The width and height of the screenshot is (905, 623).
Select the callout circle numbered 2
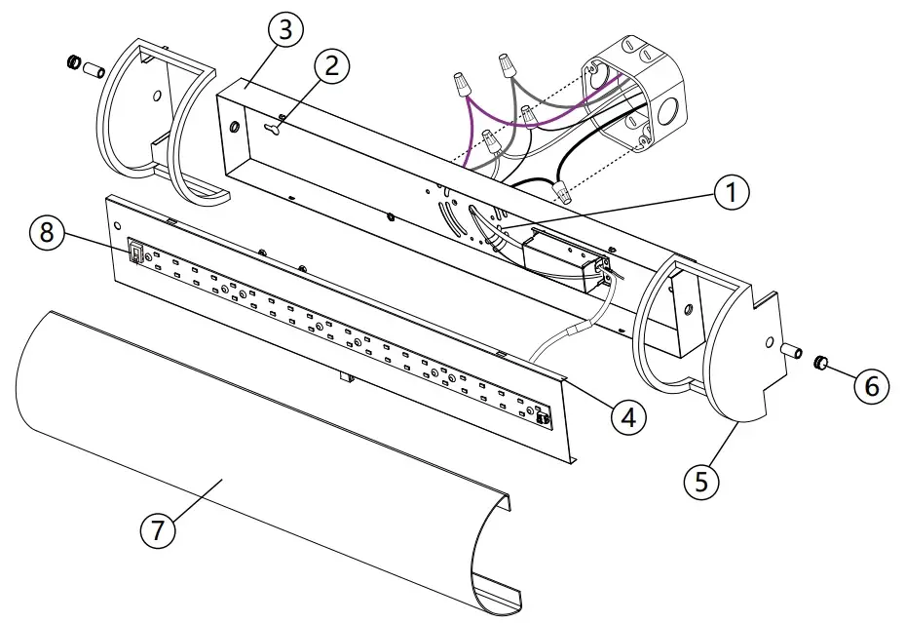coord(331,66)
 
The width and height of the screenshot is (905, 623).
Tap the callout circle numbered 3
coord(283,30)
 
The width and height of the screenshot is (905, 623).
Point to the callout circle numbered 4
coord(628,417)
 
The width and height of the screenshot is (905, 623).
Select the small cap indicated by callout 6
coord(820,365)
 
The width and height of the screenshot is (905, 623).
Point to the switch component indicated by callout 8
coord(137,253)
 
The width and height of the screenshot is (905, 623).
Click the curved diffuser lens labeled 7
coord(244,458)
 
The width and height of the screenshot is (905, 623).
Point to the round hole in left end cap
coord(157,97)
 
